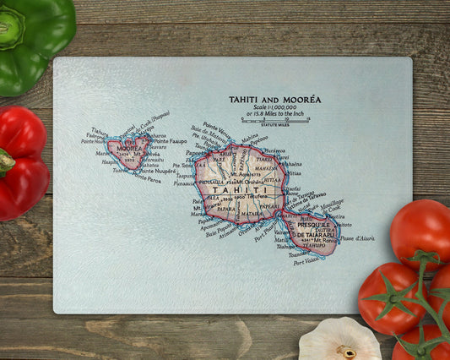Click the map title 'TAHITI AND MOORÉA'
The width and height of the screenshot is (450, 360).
coord(274,100)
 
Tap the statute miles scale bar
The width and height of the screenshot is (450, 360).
coord(274,121)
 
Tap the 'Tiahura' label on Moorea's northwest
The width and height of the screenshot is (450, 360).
coord(99,131)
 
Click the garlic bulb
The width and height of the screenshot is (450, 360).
coord(339,340)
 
